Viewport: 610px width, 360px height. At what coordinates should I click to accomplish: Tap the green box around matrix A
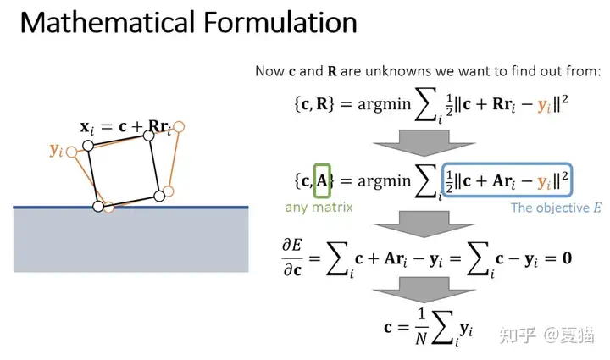pos(322,180)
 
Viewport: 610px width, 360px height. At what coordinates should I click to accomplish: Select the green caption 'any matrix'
pos(319,207)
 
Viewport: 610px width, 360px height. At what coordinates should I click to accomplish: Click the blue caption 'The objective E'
pos(556,208)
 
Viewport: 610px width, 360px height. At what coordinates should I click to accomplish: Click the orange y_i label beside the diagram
pos(56,150)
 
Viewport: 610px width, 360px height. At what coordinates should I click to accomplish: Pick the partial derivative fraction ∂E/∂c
pos(291,255)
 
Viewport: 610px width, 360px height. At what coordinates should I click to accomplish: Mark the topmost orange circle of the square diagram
pos(179,126)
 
